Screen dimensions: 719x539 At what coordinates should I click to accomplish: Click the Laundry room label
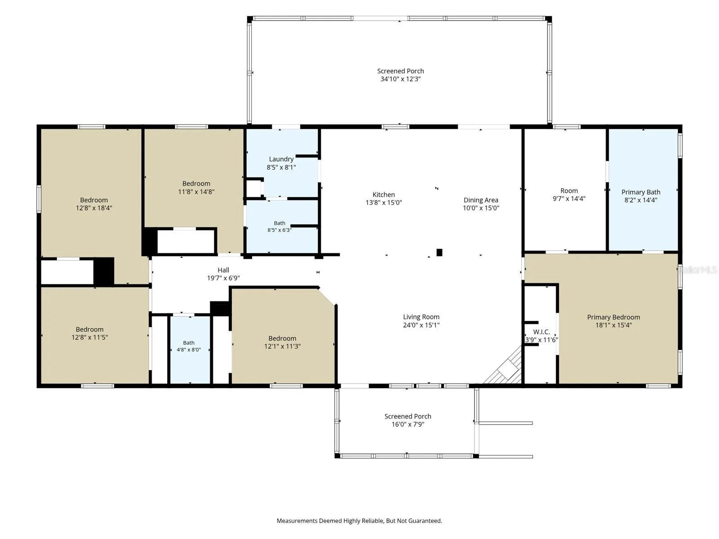[x=281, y=159]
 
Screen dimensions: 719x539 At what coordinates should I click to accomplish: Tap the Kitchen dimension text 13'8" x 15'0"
[x=384, y=203]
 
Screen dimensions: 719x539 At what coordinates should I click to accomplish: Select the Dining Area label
[x=480, y=200]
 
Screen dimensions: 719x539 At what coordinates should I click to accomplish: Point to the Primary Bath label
[x=641, y=192]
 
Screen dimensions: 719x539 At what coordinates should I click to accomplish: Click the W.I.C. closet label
[x=541, y=332]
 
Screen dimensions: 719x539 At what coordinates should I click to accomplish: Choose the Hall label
[x=223, y=270]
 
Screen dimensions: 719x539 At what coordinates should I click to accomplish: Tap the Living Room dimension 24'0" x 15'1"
[x=421, y=325]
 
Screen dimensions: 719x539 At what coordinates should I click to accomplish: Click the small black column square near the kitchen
[x=439, y=252]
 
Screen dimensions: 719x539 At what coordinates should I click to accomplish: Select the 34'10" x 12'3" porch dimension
[x=400, y=79]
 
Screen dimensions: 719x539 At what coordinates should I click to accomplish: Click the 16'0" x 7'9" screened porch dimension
[x=408, y=424]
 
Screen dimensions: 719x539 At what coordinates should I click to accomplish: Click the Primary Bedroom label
[x=613, y=317]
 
